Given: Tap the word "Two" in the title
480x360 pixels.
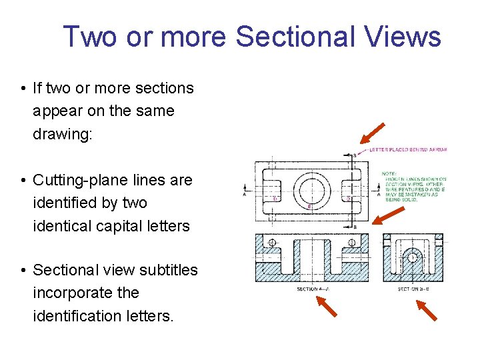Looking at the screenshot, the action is point(89,37).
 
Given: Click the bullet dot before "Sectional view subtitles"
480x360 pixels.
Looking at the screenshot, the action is point(23,271).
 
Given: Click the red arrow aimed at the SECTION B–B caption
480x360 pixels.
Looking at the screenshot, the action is point(427,310).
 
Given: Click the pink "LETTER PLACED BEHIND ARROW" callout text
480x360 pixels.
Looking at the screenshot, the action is point(408,149).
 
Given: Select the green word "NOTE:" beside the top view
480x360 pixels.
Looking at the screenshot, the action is point(389,174).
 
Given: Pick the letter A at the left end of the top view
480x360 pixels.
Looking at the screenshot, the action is point(245,195).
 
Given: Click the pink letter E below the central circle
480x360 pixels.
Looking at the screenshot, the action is point(309,207).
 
